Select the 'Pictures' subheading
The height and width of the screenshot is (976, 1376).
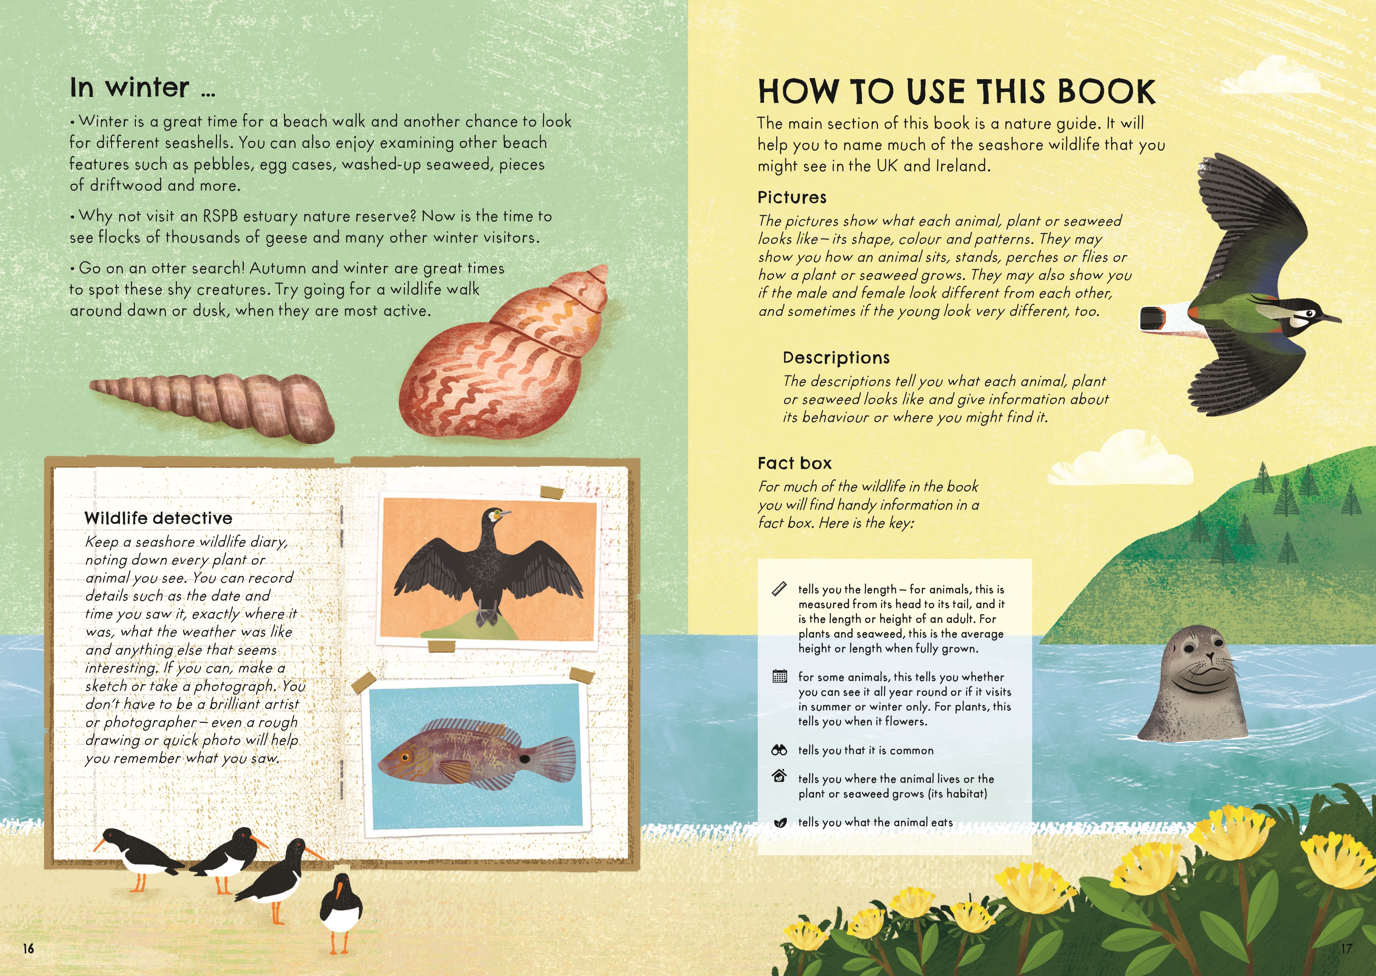click(792, 198)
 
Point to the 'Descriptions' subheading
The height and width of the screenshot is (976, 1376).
click(835, 358)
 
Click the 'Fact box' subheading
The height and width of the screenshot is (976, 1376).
click(794, 463)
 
